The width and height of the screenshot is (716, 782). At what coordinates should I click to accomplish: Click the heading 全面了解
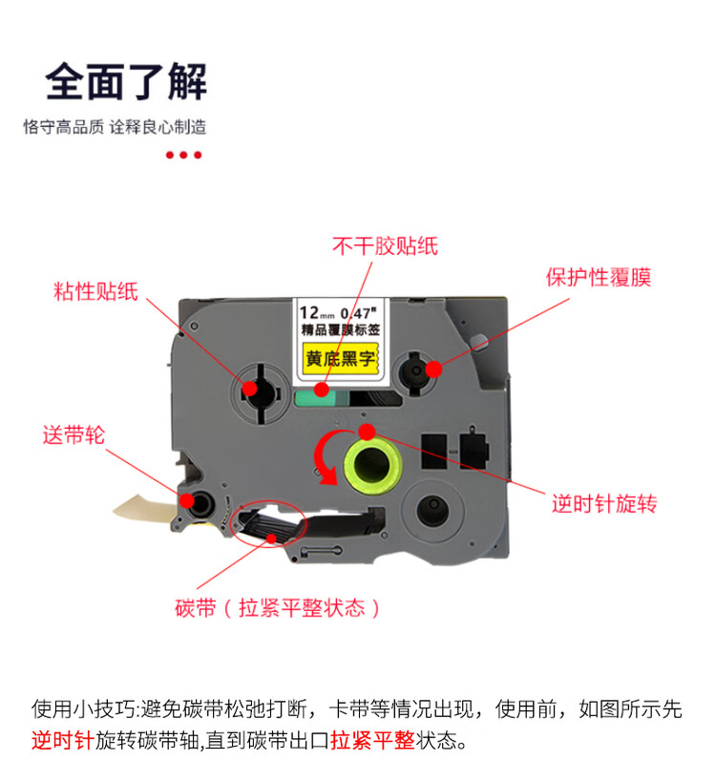pos(126,82)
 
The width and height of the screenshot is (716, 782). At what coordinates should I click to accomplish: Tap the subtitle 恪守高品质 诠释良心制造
pos(115,127)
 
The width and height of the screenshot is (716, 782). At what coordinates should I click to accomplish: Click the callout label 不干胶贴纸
pos(385,246)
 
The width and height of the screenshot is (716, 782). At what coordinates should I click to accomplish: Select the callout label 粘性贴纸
pos(95,292)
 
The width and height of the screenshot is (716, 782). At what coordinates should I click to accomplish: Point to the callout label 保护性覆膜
pos(599,277)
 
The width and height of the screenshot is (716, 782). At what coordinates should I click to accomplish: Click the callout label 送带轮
pos(73,435)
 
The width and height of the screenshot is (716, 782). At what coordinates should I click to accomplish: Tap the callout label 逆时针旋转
pos(604,504)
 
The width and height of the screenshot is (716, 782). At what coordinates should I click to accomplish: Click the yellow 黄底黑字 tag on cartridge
pos(341,359)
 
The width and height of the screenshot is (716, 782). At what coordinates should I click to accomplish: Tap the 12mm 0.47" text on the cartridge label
pos(340,311)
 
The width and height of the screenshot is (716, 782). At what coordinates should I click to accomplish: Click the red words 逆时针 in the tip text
pos(62,740)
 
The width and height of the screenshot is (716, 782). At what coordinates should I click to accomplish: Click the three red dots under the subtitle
pos(184,155)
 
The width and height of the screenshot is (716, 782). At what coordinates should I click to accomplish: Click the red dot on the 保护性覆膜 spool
pos(432,368)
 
